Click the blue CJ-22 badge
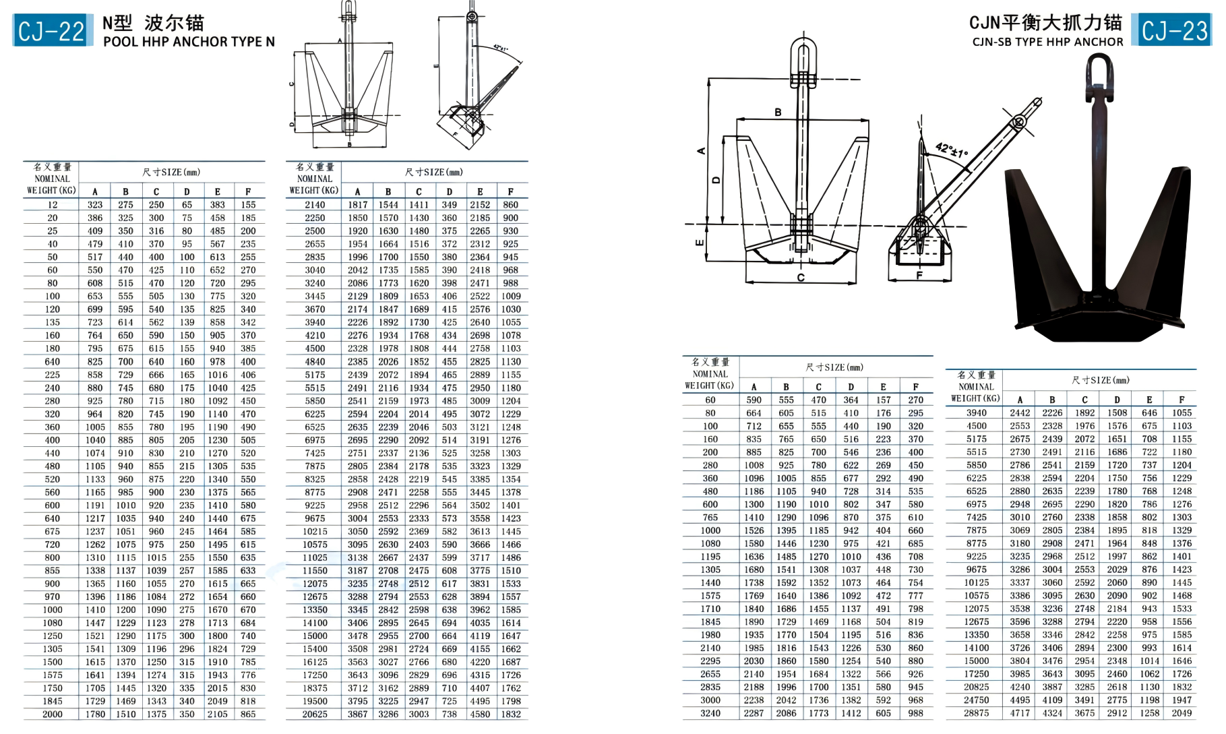(53, 30)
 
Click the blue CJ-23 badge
(1173, 30)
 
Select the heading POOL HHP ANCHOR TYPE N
(189, 42)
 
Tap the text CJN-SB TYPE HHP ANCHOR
(1047, 42)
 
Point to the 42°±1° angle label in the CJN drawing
(951, 150)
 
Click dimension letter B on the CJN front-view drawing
(778, 113)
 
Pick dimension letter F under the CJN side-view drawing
(919, 275)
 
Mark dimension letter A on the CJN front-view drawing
(702, 151)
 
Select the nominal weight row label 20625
(315, 714)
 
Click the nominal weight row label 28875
(976, 712)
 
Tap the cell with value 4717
(1020, 712)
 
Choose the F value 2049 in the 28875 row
(1182, 712)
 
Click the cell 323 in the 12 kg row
(95, 205)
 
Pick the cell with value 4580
(480, 714)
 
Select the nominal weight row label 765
(710, 517)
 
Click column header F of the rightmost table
(1182, 399)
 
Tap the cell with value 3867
(358, 714)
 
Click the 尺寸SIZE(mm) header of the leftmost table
(171, 172)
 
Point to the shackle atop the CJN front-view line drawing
(803, 54)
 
